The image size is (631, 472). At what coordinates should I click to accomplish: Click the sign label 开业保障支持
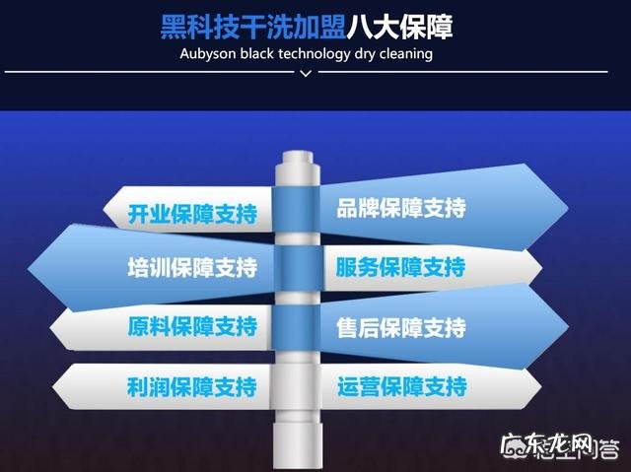tap(192, 214)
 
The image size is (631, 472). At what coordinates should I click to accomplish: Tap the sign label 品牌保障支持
tap(400, 209)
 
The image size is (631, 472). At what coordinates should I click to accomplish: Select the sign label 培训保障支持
tap(192, 268)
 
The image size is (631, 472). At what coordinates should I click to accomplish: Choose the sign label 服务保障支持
tap(400, 268)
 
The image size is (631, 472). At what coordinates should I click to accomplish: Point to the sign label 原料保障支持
tap(192, 327)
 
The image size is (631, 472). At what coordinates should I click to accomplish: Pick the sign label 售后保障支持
tap(400, 327)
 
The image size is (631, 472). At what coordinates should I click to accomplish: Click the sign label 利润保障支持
tap(192, 385)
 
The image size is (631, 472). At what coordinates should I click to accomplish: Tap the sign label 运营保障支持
tap(400, 385)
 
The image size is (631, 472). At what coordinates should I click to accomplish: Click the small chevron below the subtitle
tap(306, 73)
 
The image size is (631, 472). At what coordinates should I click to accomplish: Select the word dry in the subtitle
tap(362, 53)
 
